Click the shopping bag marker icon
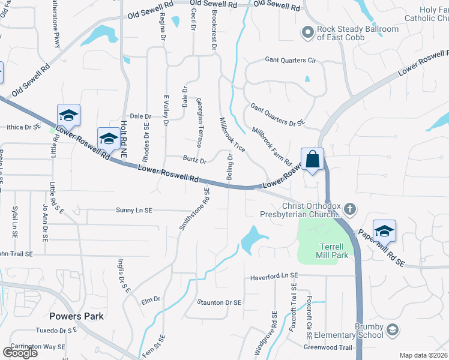pyautogui.click(x=312, y=160)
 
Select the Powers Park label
pyautogui.click(x=77, y=316)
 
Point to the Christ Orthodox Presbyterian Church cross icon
pyautogui.click(x=350, y=209)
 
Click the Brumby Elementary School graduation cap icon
pyautogui.click(x=392, y=330)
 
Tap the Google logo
pyautogui.click(x=20, y=352)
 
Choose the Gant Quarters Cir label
pyautogui.click(x=291, y=61)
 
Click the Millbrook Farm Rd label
pyautogui.click(x=271, y=147)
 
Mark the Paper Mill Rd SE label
pyautogui.click(x=382, y=248)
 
